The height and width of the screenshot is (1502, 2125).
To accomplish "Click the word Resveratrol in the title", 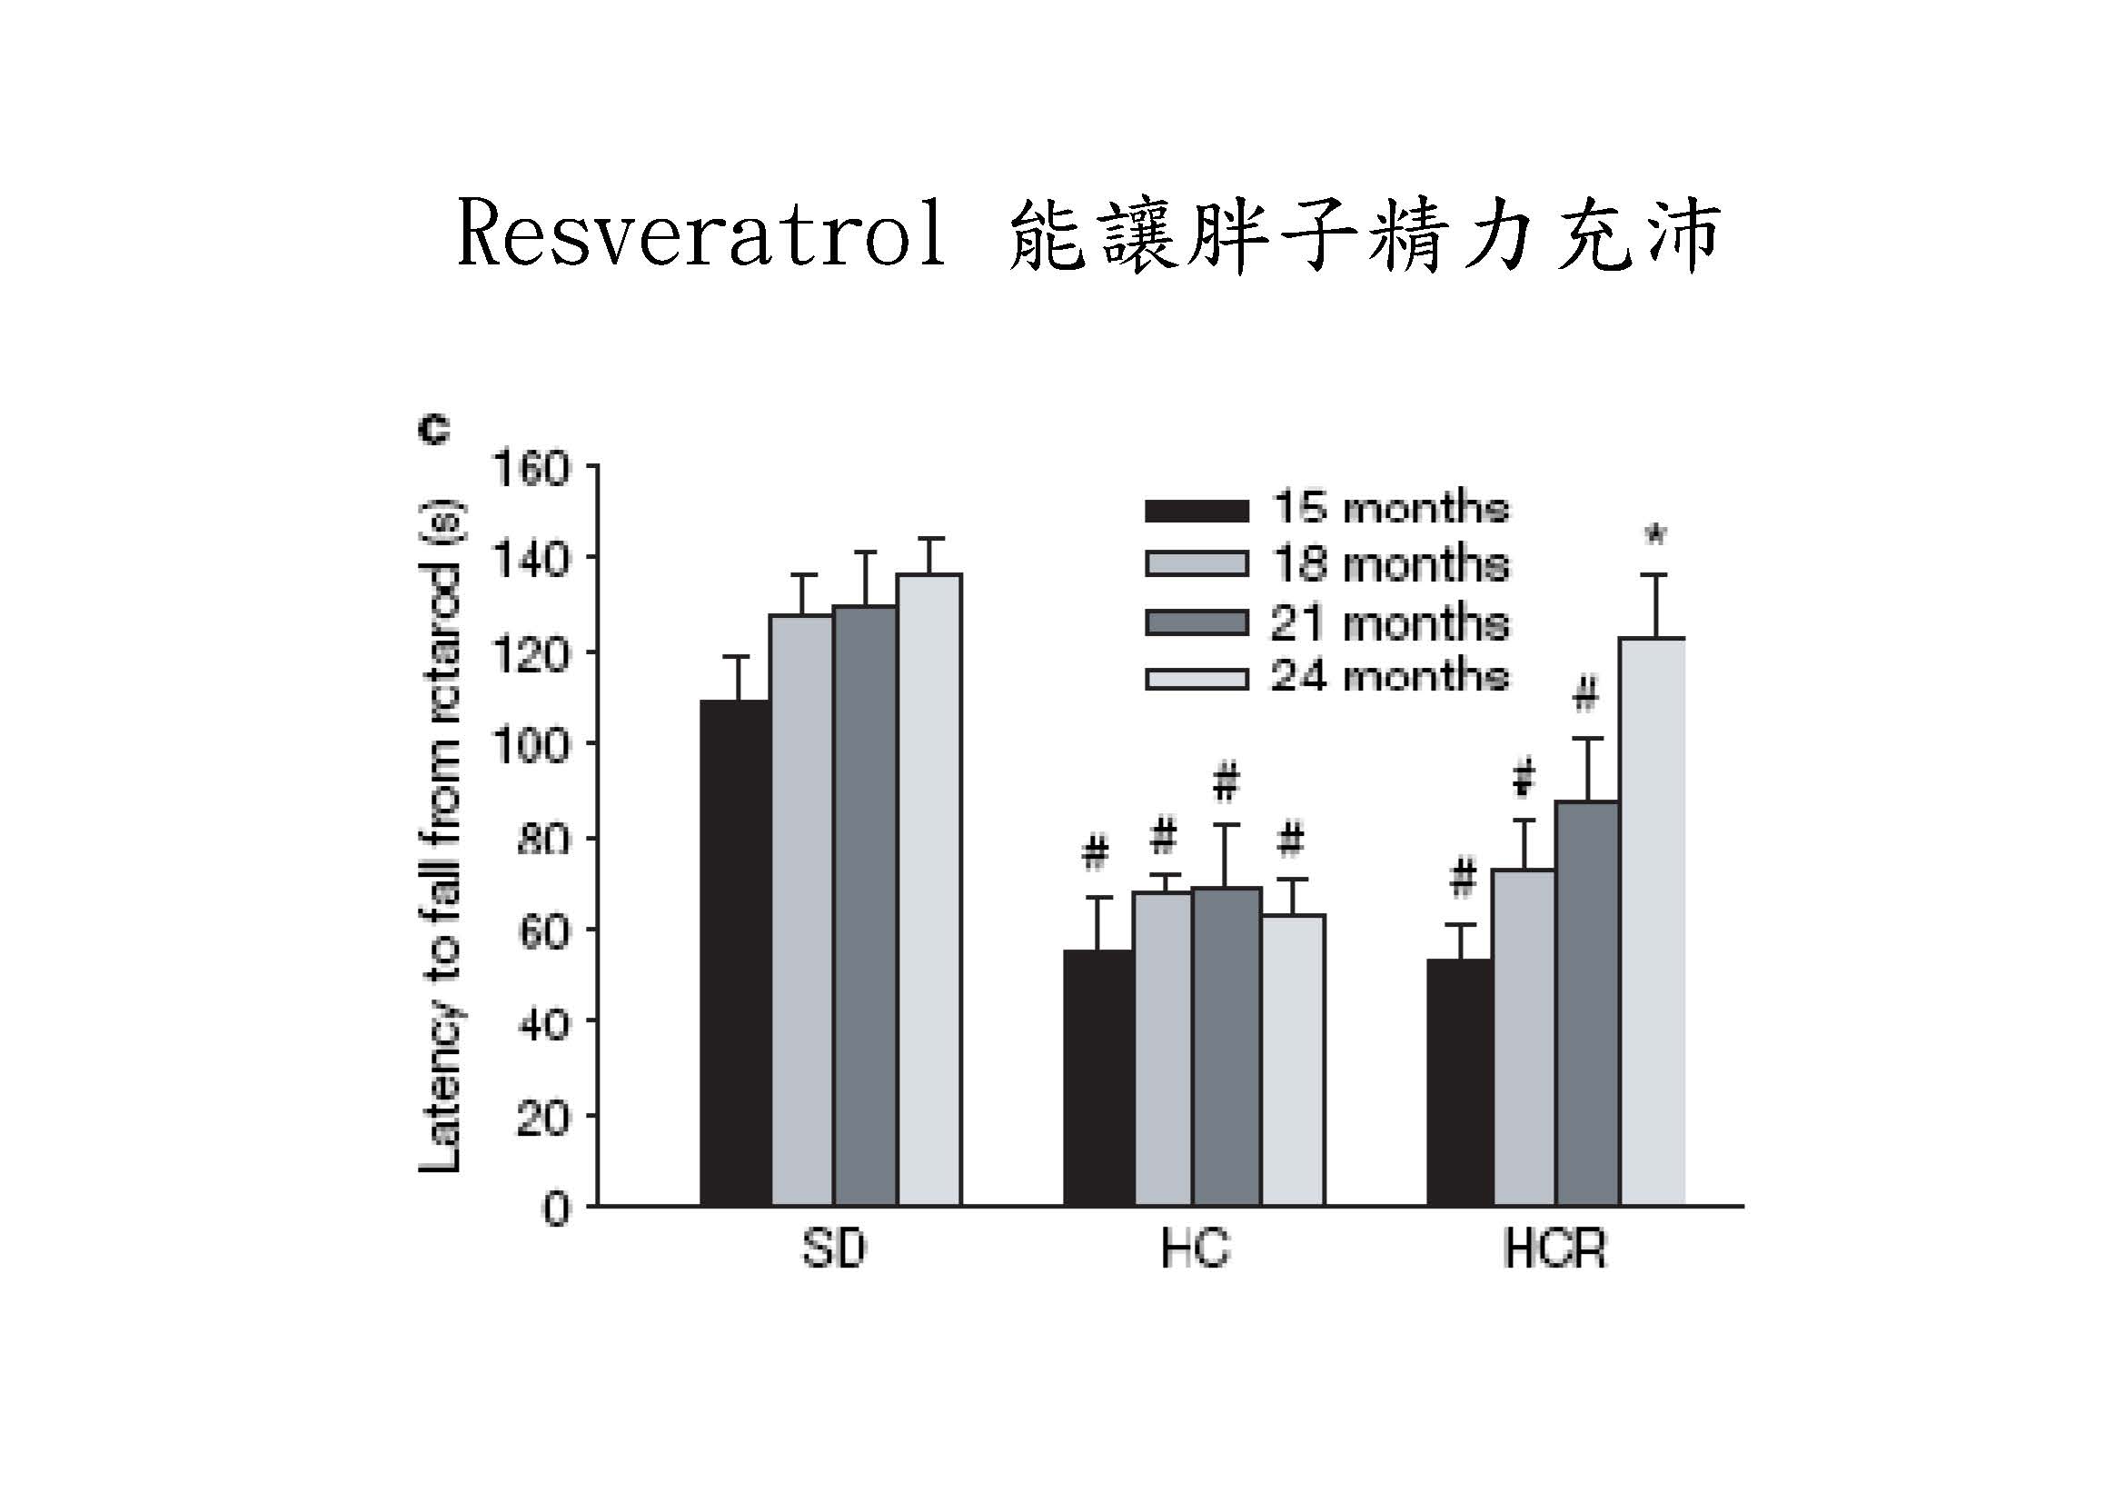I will click(x=701, y=235).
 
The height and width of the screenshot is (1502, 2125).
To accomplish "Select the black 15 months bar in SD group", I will click(x=736, y=953).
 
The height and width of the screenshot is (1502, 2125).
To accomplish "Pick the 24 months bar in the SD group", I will click(x=929, y=889).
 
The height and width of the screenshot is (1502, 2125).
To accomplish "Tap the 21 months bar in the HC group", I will click(x=1226, y=1046).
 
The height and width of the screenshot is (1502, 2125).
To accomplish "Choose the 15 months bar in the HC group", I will click(x=1098, y=1079).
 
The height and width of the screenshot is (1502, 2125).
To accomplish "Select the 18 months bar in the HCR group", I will click(x=1524, y=1037).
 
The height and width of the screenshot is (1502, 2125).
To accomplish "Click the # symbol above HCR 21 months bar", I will click(x=1586, y=694).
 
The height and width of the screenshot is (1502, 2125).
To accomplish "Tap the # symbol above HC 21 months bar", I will click(x=1226, y=782).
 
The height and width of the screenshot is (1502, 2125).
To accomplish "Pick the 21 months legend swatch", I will click(x=1197, y=622).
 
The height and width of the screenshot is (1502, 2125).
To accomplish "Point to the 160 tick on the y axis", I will click(x=531, y=469).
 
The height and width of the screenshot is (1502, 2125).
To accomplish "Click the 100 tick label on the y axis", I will click(x=531, y=745).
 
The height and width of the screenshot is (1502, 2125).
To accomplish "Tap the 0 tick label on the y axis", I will click(x=555, y=1209).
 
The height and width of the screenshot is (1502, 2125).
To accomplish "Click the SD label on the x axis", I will click(x=833, y=1249).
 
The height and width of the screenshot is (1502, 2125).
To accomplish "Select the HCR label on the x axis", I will click(x=1554, y=1249).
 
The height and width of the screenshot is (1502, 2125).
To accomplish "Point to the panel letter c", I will click(x=434, y=431).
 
